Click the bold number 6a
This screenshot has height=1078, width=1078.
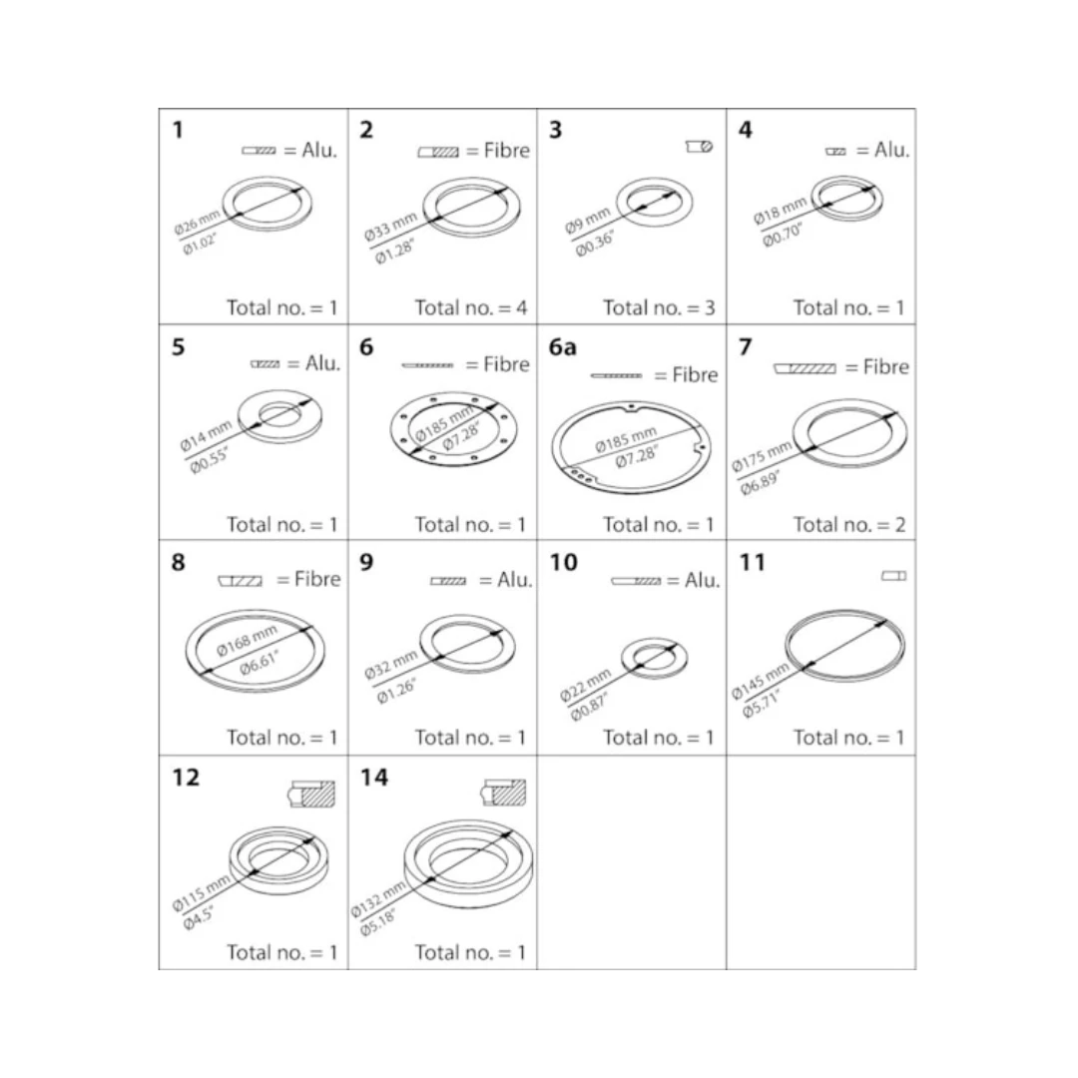click(562, 347)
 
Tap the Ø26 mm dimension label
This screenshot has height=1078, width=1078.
click(198, 222)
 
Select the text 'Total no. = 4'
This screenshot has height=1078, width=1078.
click(471, 307)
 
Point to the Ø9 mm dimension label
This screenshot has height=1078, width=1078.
click(588, 220)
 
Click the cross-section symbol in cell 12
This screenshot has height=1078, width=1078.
click(311, 795)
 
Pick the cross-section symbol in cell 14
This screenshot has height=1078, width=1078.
click(503, 793)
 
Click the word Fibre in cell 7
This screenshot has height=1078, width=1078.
click(886, 367)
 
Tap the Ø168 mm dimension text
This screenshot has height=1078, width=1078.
click(247, 640)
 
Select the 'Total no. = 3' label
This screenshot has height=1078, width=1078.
click(660, 307)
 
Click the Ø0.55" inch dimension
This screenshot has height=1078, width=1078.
click(209, 459)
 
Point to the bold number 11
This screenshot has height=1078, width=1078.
click(752, 562)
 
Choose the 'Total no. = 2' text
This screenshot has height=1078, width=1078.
click(849, 525)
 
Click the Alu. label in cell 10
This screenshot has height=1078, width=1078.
click(702, 580)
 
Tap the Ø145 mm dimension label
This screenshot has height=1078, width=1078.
click(760, 682)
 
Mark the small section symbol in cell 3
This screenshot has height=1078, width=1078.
click(700, 147)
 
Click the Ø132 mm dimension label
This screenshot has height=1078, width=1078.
click(379, 900)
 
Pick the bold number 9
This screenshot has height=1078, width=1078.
click(366, 562)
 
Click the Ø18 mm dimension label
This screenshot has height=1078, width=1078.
click(781, 211)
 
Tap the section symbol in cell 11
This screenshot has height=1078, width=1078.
click(893, 576)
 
